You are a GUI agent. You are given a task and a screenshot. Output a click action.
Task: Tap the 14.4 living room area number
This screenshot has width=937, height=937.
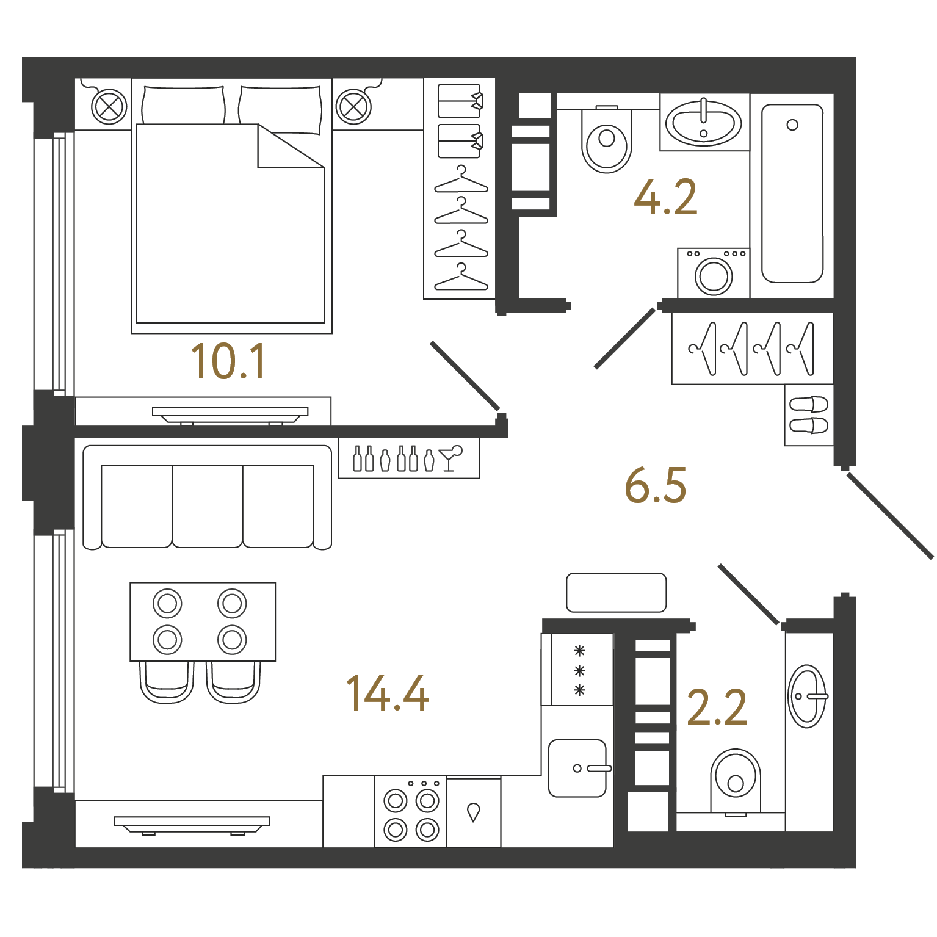(388, 693)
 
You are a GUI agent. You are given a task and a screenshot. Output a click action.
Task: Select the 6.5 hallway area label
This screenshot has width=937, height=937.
(656, 485)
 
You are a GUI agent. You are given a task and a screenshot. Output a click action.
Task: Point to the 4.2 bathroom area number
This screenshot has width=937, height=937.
(665, 197)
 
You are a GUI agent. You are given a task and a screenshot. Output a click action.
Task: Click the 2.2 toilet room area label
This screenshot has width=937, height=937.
(717, 707)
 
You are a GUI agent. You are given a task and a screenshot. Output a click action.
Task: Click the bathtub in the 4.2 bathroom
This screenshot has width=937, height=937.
(792, 194)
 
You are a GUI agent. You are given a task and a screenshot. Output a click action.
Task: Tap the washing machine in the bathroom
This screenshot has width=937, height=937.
(713, 273)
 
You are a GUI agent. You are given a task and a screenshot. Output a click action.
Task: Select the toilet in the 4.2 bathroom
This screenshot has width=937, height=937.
(607, 139)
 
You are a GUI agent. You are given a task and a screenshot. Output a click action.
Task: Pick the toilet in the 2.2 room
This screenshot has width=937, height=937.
(736, 782)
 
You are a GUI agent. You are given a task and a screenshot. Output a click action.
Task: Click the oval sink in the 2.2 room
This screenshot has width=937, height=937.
(807, 696)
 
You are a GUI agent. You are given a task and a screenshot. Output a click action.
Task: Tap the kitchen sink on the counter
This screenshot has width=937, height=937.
(577, 769)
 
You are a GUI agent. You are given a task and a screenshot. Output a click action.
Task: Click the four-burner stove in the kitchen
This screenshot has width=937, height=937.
(411, 812)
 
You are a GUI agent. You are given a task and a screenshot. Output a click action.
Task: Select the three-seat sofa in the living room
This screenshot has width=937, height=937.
(208, 497)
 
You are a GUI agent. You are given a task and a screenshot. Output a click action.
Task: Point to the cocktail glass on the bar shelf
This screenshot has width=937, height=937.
(451, 458)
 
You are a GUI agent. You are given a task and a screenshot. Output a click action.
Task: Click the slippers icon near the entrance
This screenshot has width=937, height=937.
(809, 415)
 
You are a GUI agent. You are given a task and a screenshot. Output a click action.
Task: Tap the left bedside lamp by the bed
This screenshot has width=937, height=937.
(109, 107)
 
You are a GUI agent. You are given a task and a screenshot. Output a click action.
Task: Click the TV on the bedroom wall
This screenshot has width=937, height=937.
(230, 415)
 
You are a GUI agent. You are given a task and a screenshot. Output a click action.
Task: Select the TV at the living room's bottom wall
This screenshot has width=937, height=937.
(192, 825)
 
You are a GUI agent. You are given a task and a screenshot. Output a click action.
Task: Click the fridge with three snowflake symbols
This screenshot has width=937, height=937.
(577, 670)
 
